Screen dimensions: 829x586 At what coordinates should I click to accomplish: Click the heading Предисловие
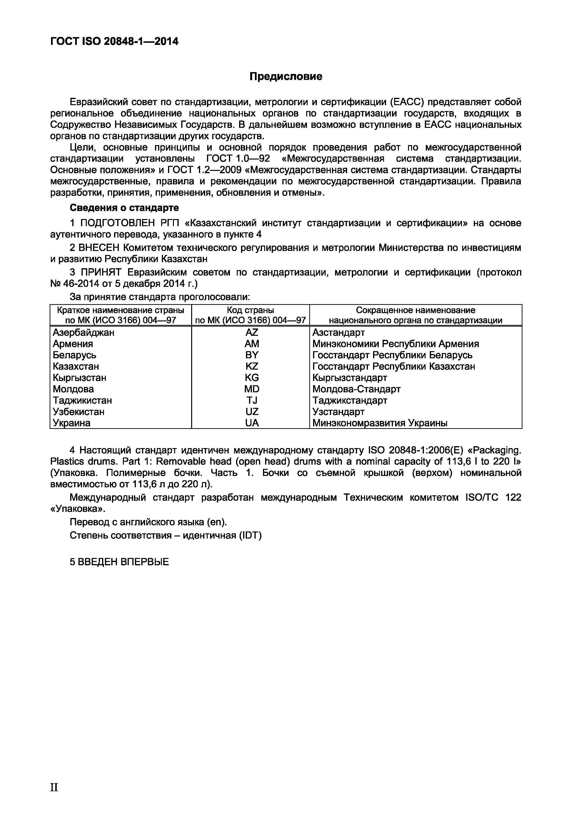coord(286,77)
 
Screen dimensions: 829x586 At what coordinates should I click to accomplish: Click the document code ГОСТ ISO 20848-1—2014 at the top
coord(114,42)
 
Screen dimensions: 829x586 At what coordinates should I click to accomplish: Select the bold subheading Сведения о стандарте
coord(124,208)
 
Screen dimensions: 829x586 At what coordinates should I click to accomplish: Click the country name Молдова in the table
coord(73,389)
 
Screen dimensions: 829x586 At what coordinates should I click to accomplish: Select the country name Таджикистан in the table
coord(82,400)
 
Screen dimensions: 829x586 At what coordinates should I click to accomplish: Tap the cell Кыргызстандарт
coord(349,378)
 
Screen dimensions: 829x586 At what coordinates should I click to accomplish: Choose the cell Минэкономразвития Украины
coord(380,423)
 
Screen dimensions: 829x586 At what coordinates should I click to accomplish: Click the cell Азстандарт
coord(338,332)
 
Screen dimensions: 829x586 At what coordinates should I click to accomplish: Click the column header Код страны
coord(250,310)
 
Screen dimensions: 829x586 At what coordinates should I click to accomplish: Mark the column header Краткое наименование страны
coord(121,310)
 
